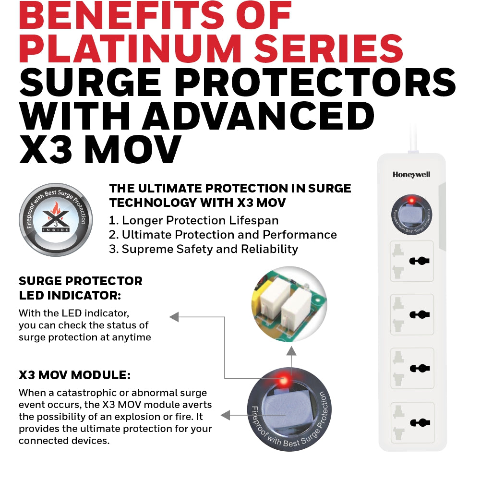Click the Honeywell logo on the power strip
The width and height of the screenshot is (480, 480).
(411, 175)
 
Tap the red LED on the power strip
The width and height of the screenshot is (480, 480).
(412, 201)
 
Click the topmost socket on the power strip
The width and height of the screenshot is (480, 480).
(412, 261)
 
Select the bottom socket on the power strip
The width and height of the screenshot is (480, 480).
(412, 422)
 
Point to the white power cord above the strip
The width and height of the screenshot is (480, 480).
(413, 139)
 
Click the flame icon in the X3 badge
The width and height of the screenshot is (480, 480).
(56, 208)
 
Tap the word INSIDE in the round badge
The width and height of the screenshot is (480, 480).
(55, 230)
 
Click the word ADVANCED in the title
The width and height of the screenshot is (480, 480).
(258, 116)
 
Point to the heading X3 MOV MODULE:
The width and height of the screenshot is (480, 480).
(75, 375)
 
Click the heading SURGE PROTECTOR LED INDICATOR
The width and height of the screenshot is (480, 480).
(81, 288)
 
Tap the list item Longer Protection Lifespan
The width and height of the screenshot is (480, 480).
(194, 220)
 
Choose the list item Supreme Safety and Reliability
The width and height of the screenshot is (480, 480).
(203, 249)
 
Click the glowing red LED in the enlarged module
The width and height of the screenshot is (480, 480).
(284, 381)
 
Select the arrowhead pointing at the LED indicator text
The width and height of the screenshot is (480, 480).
(174, 317)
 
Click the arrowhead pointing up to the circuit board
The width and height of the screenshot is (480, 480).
(291, 351)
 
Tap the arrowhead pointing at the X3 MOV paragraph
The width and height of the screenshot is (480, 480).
(225, 415)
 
